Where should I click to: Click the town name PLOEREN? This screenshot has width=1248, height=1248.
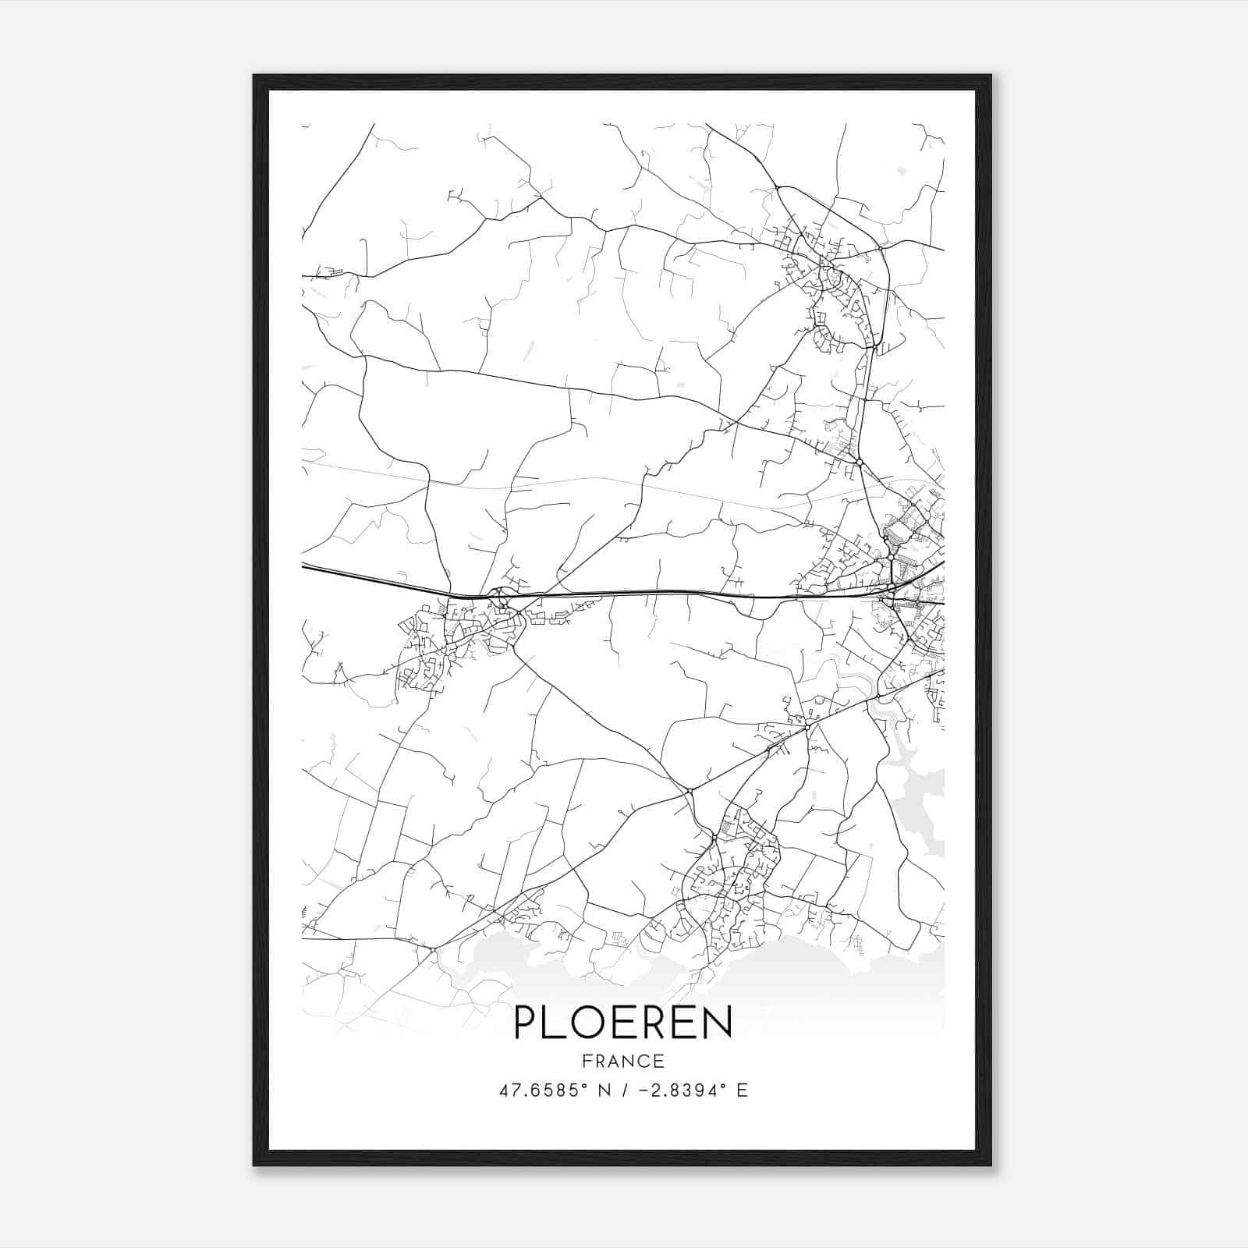(623, 1023)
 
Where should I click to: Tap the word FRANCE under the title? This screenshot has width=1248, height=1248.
(623, 1061)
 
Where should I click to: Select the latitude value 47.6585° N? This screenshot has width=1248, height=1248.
(555, 1090)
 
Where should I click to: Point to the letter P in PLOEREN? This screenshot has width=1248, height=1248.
(526, 1023)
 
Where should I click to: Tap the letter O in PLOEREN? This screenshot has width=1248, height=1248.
(587, 1023)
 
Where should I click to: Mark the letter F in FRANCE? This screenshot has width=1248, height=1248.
(586, 1061)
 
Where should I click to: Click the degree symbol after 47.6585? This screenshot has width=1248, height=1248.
(587, 1085)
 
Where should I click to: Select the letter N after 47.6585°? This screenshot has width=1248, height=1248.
(603, 1090)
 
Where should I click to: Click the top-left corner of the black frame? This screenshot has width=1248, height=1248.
(254, 76)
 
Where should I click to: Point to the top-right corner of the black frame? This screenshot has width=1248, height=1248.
(991, 76)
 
